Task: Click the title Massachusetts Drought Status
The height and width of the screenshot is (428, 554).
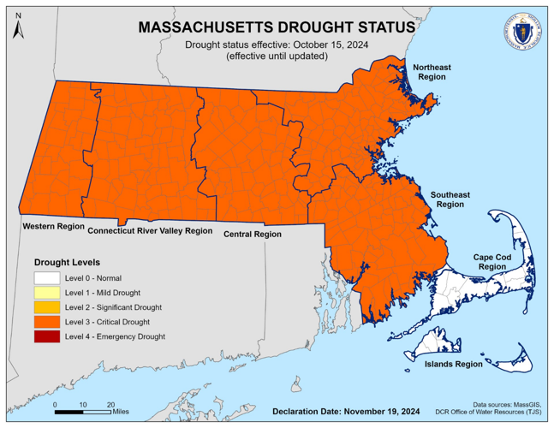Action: (x=277, y=27)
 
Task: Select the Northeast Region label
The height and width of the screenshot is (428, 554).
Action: (x=432, y=72)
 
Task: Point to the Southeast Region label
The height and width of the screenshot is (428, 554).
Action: (x=450, y=200)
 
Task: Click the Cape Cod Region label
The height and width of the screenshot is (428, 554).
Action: (x=494, y=261)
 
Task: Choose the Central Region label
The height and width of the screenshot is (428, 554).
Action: (x=252, y=234)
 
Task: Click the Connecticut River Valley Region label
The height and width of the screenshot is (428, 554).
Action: (x=149, y=231)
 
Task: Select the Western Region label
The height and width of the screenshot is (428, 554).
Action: (x=53, y=227)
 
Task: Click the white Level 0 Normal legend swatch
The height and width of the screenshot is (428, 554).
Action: (x=48, y=278)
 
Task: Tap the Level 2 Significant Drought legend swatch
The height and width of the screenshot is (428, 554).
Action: (x=48, y=307)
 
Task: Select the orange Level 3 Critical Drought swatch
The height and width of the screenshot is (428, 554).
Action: (x=48, y=322)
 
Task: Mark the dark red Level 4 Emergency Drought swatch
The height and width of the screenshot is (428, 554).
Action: (x=48, y=336)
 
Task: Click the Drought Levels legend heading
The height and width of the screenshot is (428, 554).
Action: (x=67, y=262)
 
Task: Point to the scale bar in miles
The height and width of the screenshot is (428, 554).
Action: (x=82, y=411)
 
